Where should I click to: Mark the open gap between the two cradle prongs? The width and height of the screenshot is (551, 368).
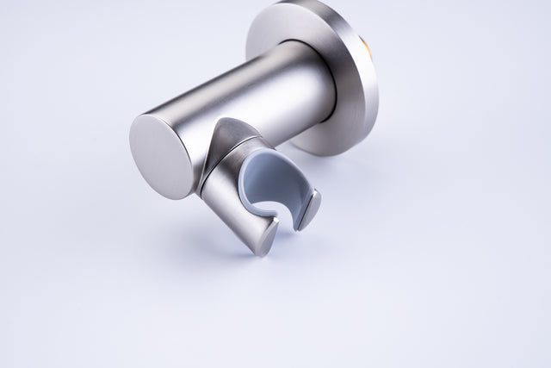coord(288,226)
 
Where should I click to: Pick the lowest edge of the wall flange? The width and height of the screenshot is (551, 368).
coord(327,154)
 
